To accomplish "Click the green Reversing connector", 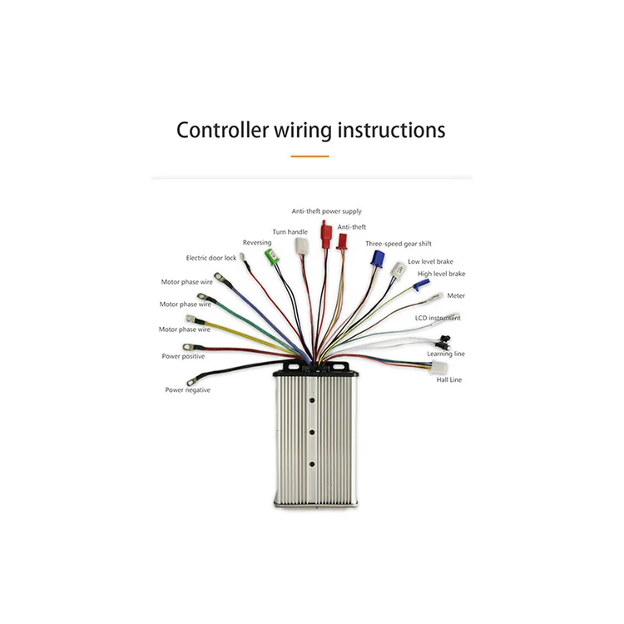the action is tap(269, 255).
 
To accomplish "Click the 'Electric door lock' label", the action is tap(210, 258).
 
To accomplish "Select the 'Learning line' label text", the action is tap(446, 354).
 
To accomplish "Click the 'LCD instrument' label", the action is tap(438, 318).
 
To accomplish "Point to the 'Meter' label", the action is tap(456, 295).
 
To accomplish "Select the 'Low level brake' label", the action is tap(430, 261).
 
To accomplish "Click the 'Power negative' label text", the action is tap(187, 390).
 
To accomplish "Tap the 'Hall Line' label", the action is tap(449, 380).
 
